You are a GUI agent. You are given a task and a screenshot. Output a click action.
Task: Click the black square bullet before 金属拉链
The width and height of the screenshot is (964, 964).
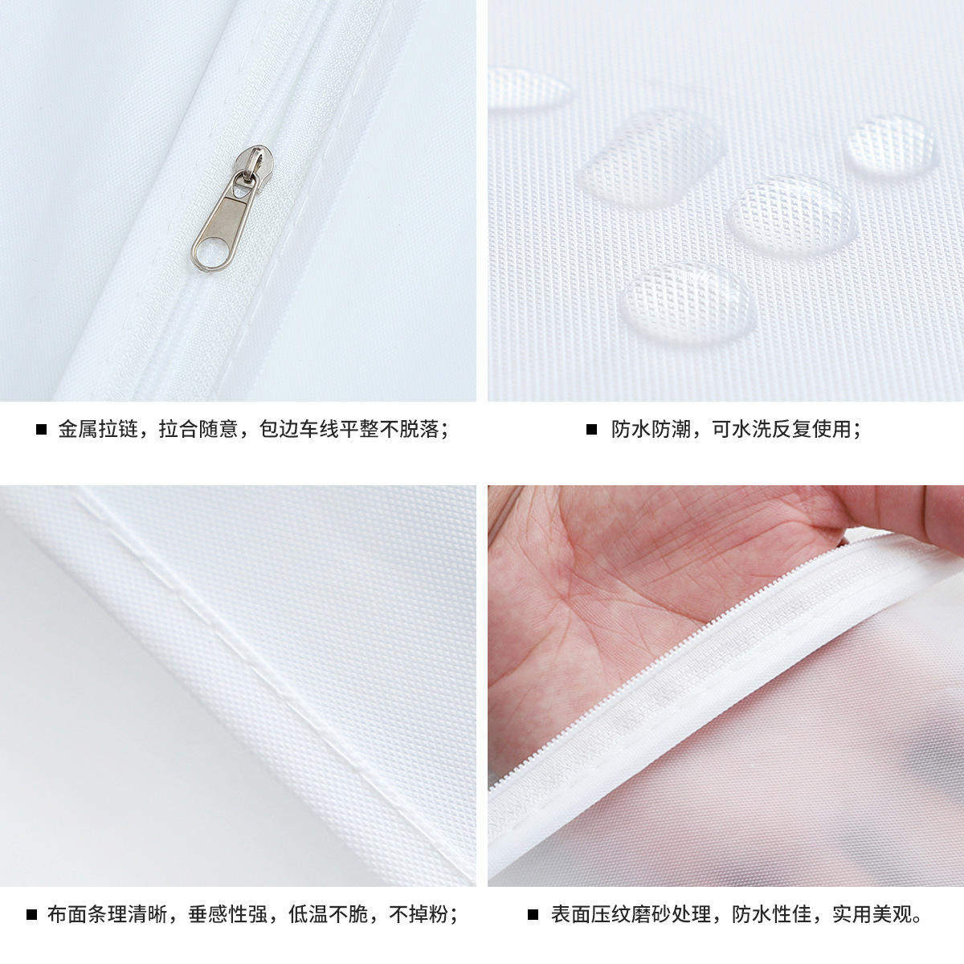[41, 430]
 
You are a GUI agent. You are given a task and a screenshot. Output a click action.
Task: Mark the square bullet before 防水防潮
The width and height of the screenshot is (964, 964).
[592, 430]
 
